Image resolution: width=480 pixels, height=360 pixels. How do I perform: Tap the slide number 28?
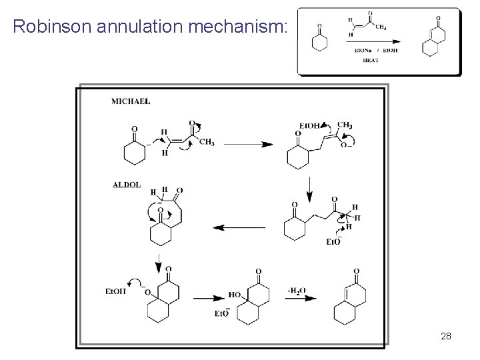(446, 337)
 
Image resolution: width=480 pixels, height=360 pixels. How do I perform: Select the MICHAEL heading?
(130, 102)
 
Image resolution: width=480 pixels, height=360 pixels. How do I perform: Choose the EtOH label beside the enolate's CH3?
(309, 126)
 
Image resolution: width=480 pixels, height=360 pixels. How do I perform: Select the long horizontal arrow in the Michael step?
(246, 144)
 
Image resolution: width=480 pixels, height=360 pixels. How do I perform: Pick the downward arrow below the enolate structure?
(308, 195)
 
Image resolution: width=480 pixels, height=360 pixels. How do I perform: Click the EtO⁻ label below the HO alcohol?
(223, 313)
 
